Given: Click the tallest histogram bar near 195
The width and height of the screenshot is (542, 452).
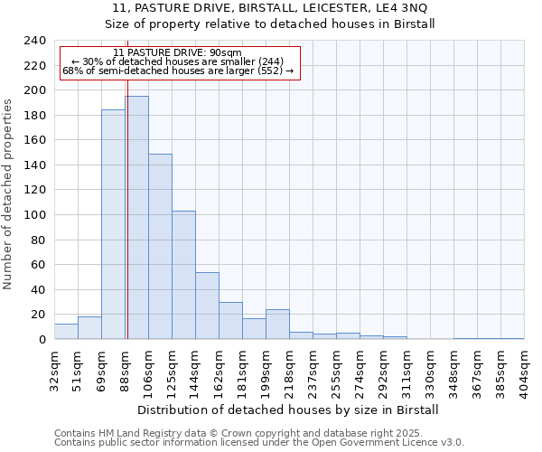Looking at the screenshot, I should pos(136,217).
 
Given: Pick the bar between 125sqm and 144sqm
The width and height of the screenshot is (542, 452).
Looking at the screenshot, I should pos(183,275).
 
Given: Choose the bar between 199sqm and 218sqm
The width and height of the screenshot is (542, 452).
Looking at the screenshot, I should pos(277,325).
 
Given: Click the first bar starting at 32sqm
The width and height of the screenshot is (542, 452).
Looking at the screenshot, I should pos(66,332).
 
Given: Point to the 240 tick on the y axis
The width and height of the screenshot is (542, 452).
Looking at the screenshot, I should pos(35,41).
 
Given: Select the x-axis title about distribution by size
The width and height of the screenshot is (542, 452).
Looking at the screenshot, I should pos(289,410).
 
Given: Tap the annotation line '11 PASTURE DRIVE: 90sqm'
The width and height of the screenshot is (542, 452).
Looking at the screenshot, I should pos(178,53).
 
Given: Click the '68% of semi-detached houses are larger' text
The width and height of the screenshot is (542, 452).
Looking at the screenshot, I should pos(178,71).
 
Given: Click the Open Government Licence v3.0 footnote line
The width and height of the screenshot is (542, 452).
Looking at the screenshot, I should pos(259,443).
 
